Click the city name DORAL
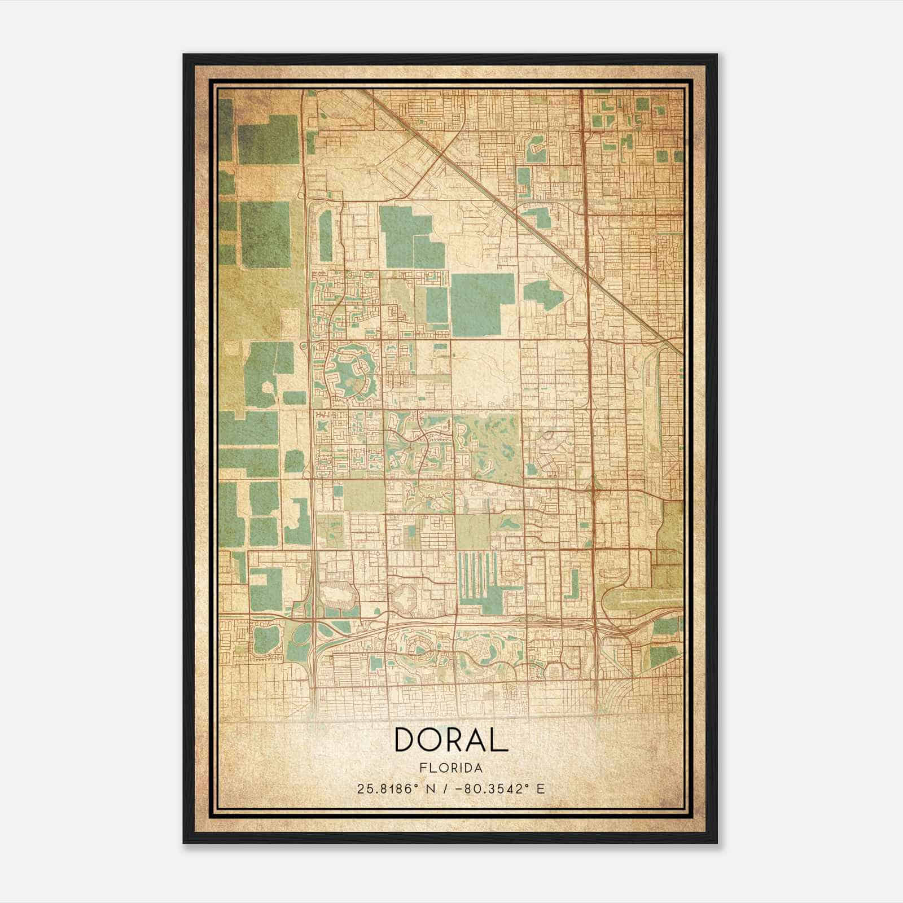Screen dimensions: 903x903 [x=451, y=739]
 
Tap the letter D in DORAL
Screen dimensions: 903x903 [x=406, y=739]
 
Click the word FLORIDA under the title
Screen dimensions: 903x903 [x=451, y=768]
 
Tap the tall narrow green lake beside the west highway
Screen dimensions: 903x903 [x=326, y=237]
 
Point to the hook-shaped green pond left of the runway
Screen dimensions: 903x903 [x=573, y=585]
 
